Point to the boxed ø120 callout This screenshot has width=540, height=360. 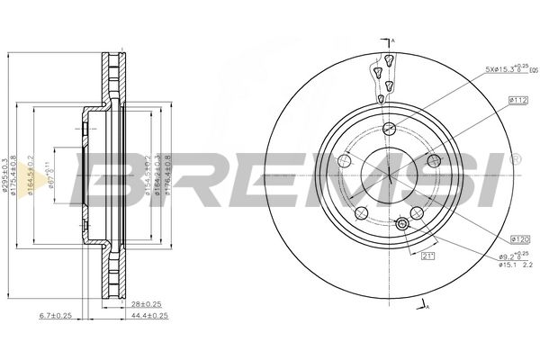(518, 238)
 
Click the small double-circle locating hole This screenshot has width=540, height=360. (402, 224)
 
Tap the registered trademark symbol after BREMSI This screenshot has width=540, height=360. (514, 158)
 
